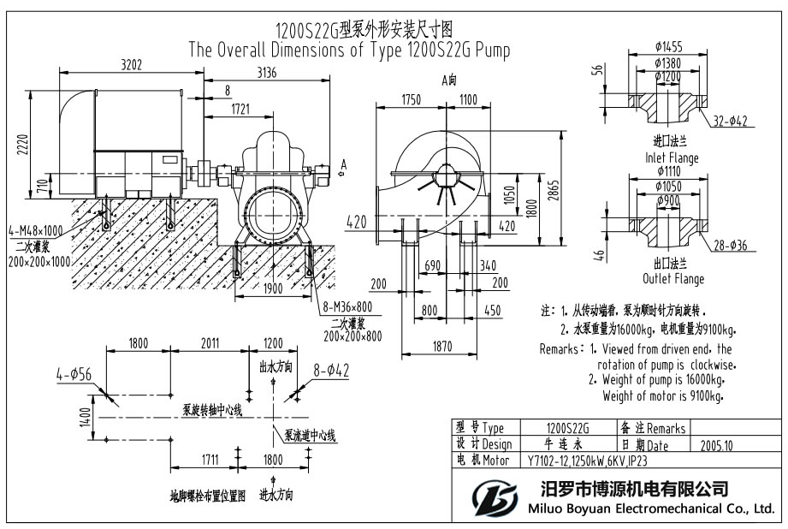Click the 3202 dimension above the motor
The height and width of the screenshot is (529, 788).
(x=131, y=63)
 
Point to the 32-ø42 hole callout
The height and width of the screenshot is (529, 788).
(x=730, y=122)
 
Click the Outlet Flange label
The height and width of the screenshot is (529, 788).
(x=673, y=279)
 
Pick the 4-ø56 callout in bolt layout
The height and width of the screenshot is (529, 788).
(x=74, y=373)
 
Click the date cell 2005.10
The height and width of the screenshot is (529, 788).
(x=717, y=445)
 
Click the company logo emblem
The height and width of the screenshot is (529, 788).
(x=494, y=498)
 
